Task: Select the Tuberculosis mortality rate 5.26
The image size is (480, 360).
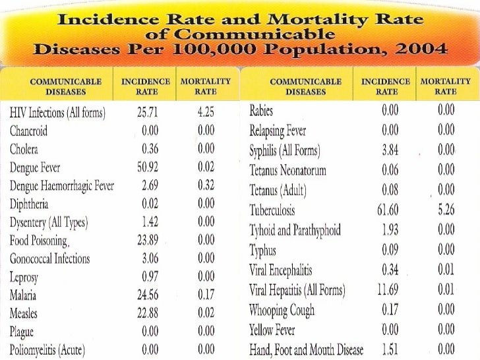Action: [446, 212]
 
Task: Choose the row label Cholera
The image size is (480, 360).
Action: [24, 149]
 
